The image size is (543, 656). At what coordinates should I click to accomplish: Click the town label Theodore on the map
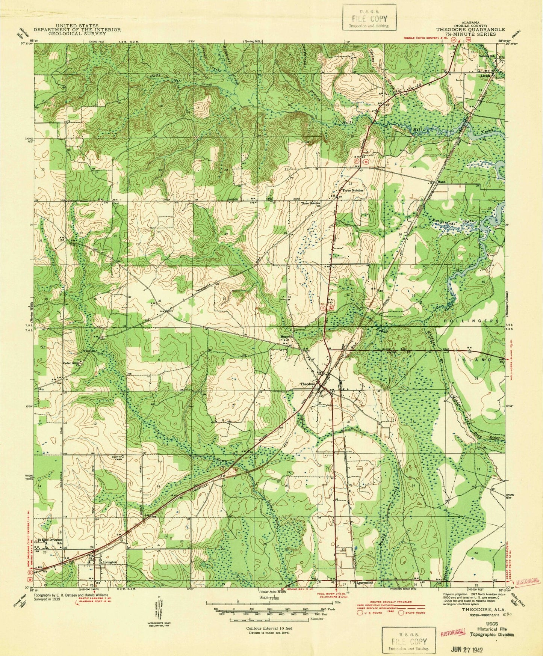307,385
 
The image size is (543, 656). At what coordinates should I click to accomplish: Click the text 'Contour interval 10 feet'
268,627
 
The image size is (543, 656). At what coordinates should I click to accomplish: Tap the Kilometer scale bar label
318,618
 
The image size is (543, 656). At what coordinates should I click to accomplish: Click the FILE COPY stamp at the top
369,18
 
